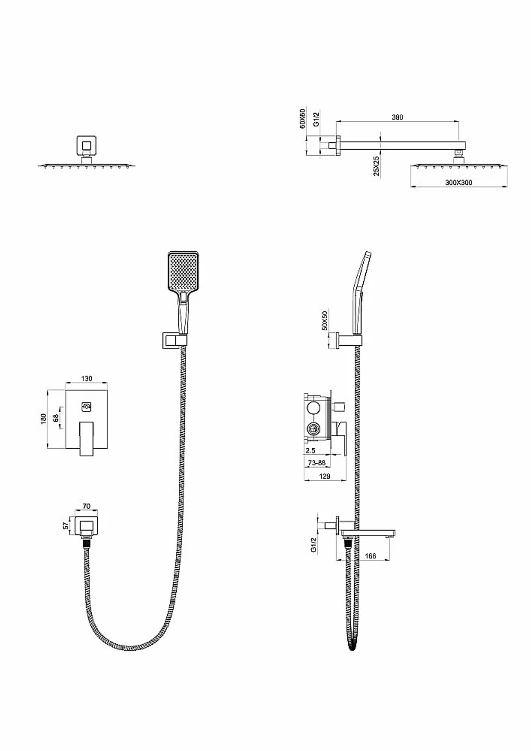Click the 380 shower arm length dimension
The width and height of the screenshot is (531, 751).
[x=397, y=117]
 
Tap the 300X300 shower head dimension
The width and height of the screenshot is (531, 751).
[x=459, y=182]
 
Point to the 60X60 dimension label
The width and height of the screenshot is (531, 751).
[x=303, y=118]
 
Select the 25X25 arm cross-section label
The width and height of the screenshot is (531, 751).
[x=377, y=166]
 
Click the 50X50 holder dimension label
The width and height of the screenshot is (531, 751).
[x=324, y=320]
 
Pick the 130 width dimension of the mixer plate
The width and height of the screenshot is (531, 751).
[x=87, y=379]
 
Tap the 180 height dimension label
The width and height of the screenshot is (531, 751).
[x=43, y=419]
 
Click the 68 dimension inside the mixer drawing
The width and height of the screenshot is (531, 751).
[x=56, y=418]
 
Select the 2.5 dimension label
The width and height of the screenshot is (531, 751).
[x=311, y=450]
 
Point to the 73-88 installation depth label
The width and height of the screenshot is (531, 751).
[x=316, y=463]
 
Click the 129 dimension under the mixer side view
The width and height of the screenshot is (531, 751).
[x=325, y=476]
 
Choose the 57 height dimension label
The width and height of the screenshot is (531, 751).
[x=66, y=525]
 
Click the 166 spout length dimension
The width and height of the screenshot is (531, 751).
[x=370, y=556]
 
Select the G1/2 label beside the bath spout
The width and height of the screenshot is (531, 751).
[x=313, y=544]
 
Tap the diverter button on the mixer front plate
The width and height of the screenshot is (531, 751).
[x=87, y=407]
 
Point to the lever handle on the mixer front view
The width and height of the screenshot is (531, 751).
[x=87, y=439]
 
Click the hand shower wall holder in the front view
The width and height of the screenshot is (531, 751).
[x=174, y=340]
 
